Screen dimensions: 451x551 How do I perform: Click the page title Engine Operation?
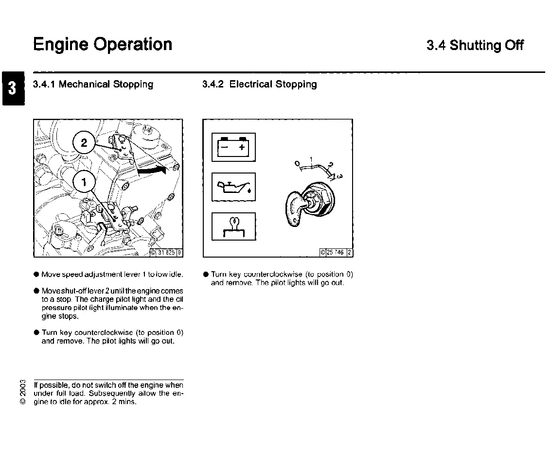(x=103, y=44)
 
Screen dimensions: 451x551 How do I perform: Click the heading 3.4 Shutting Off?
(x=475, y=46)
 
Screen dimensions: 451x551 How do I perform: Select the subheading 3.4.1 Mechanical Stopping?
(x=93, y=85)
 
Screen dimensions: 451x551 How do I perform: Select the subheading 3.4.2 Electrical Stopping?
(x=259, y=85)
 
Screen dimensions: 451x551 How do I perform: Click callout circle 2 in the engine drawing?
(x=84, y=143)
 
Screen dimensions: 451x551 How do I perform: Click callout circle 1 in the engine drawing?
(x=84, y=182)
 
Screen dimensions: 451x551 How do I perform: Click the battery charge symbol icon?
(x=233, y=147)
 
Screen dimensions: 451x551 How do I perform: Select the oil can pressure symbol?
(x=233, y=187)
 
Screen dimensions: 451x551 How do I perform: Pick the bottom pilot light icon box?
(x=233, y=226)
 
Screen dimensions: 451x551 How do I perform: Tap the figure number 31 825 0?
(x=166, y=252)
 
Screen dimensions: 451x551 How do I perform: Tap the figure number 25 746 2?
(x=336, y=252)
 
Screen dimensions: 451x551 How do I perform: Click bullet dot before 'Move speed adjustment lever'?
(x=36, y=275)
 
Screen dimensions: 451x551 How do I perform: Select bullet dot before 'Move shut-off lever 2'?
(x=36, y=291)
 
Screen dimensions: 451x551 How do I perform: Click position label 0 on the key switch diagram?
(x=297, y=163)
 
